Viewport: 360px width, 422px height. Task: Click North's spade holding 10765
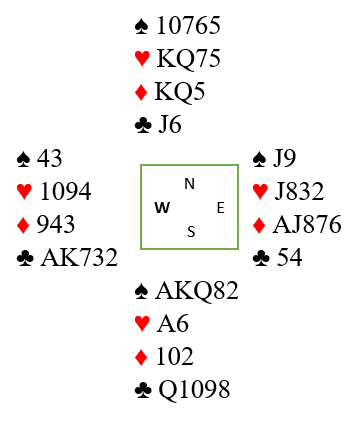188,26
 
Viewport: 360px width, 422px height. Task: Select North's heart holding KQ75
188,59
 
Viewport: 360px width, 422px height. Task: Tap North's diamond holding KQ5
180,92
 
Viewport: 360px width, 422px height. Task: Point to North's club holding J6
170,125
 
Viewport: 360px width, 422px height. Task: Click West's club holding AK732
79,257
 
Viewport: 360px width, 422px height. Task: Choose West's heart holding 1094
65,191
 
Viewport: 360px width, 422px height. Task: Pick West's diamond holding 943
56,224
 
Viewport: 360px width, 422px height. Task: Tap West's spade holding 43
49,158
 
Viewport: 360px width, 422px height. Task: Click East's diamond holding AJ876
307,224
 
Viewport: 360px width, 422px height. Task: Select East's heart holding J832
299,191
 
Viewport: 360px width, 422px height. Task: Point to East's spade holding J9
284,158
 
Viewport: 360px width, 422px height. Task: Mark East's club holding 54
289,257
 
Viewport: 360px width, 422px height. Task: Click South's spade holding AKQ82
197,291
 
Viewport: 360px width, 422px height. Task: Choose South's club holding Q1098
194,389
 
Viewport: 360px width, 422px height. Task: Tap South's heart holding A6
172,323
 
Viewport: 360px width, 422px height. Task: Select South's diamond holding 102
175,356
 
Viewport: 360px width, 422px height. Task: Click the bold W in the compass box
162,208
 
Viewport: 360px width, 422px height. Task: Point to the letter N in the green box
189,184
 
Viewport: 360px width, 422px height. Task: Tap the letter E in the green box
221,208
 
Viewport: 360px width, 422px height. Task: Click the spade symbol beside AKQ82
141,291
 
